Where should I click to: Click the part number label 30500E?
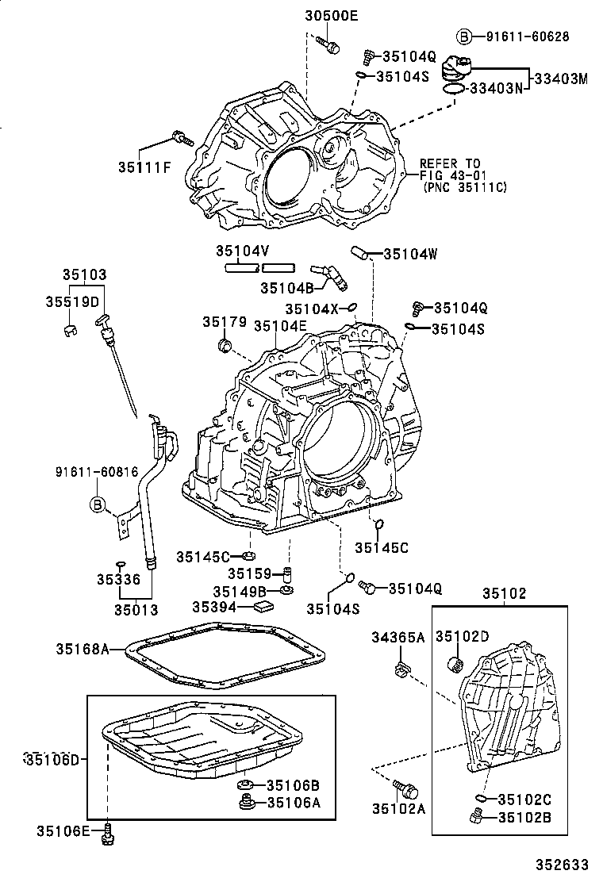pos(332,15)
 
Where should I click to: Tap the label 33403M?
pos(560,79)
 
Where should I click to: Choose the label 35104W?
pos(410,255)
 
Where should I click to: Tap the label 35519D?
pos(72,302)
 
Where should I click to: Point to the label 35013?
pos(136,610)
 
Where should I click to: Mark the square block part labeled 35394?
pos(263,607)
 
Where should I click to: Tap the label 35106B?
pos(293,785)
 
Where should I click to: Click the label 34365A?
pos(399,637)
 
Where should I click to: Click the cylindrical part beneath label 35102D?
pos(456,662)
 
